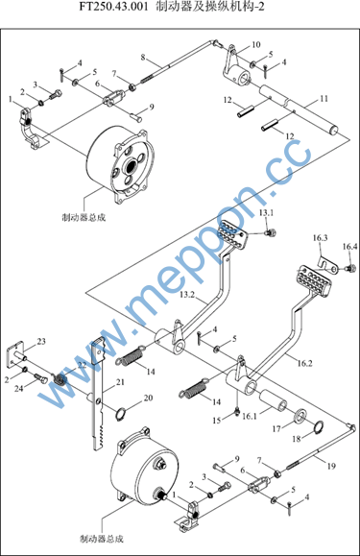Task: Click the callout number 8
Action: pyautogui.click(x=143, y=57)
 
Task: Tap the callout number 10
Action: pyautogui.click(x=256, y=45)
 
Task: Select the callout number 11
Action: pyautogui.click(x=324, y=99)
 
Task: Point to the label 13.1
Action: pyautogui.click(x=267, y=213)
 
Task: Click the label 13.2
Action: pyautogui.click(x=187, y=295)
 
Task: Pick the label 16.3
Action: pyautogui.click(x=320, y=237)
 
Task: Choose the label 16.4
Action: pyautogui.click(x=349, y=247)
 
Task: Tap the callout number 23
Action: pyautogui.click(x=41, y=342)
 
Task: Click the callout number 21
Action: pyautogui.click(x=120, y=381)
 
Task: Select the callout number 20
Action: pyautogui.click(x=148, y=398)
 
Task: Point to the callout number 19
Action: pyautogui.click(x=331, y=466)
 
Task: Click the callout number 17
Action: pyautogui.click(x=276, y=429)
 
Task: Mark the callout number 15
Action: pyautogui.click(x=217, y=421)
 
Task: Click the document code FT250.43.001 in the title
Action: pyautogui.click(x=113, y=7)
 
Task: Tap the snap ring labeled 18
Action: pyautogui.click(x=319, y=427)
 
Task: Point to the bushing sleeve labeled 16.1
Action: pyautogui.click(x=275, y=400)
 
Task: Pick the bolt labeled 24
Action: pyautogui.click(x=40, y=378)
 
